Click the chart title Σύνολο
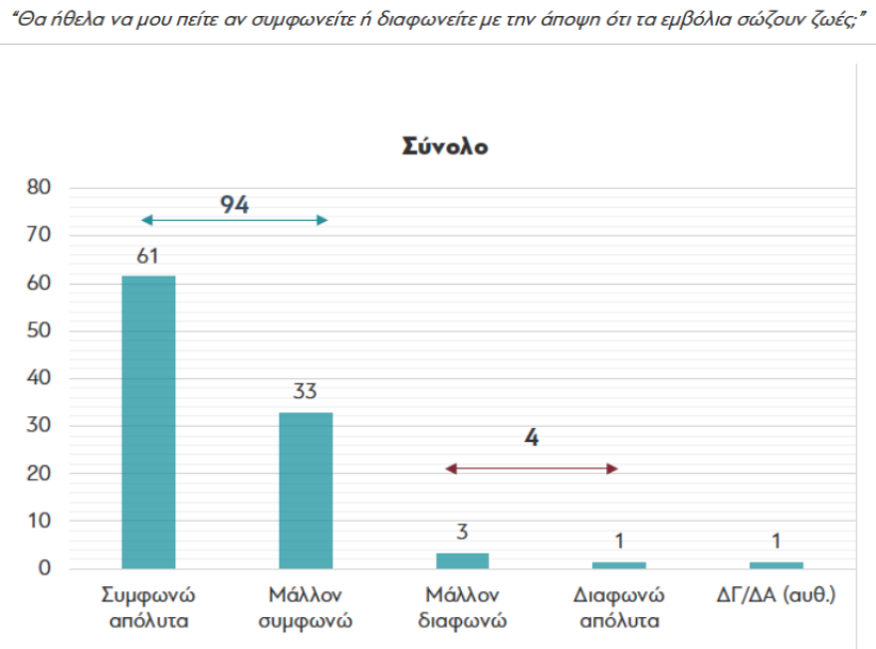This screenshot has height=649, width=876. pos(445,145)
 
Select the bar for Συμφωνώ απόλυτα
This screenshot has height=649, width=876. pos(148,422)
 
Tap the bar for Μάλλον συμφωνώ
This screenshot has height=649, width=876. pos(306,490)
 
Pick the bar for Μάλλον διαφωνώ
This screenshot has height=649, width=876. pos(463,560)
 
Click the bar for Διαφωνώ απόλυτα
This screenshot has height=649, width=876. pos(619,564)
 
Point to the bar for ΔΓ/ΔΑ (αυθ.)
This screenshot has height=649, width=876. pos(776,564)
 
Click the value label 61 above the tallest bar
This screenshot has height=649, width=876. pos(148,257)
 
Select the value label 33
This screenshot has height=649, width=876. pos(305,390)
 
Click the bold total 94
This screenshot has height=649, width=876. pos(234,205)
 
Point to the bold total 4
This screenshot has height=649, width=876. pos(532,438)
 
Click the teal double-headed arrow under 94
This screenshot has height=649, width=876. pos(234,220)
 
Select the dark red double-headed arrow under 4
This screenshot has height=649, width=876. pos(532,468)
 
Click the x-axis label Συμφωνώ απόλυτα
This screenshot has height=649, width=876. pos(148,608)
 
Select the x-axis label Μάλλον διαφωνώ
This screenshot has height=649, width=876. pos(463,608)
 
